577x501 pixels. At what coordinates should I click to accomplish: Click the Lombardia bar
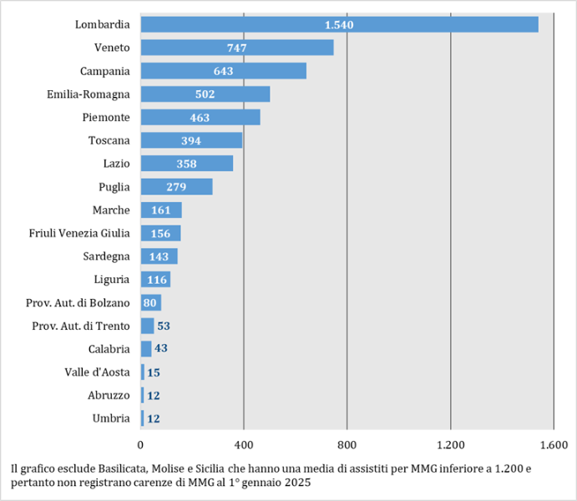[339, 24]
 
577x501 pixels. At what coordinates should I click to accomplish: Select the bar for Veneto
[236, 48]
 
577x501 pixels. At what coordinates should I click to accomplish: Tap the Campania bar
[223, 71]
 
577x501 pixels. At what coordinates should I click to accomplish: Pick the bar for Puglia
[176, 186]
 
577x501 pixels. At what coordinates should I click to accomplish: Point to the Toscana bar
[191, 140]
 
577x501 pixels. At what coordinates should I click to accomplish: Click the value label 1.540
[339, 25]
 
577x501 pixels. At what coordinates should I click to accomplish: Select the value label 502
[205, 94]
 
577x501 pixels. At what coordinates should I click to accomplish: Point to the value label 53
[164, 326]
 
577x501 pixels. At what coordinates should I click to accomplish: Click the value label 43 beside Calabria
[161, 348]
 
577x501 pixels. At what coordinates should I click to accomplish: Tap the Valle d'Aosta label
[97, 372]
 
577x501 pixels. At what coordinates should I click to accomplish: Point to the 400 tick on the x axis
[244, 444]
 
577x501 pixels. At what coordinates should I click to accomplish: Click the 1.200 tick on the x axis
[450, 444]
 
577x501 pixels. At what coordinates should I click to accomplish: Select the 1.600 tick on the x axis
[553, 444]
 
